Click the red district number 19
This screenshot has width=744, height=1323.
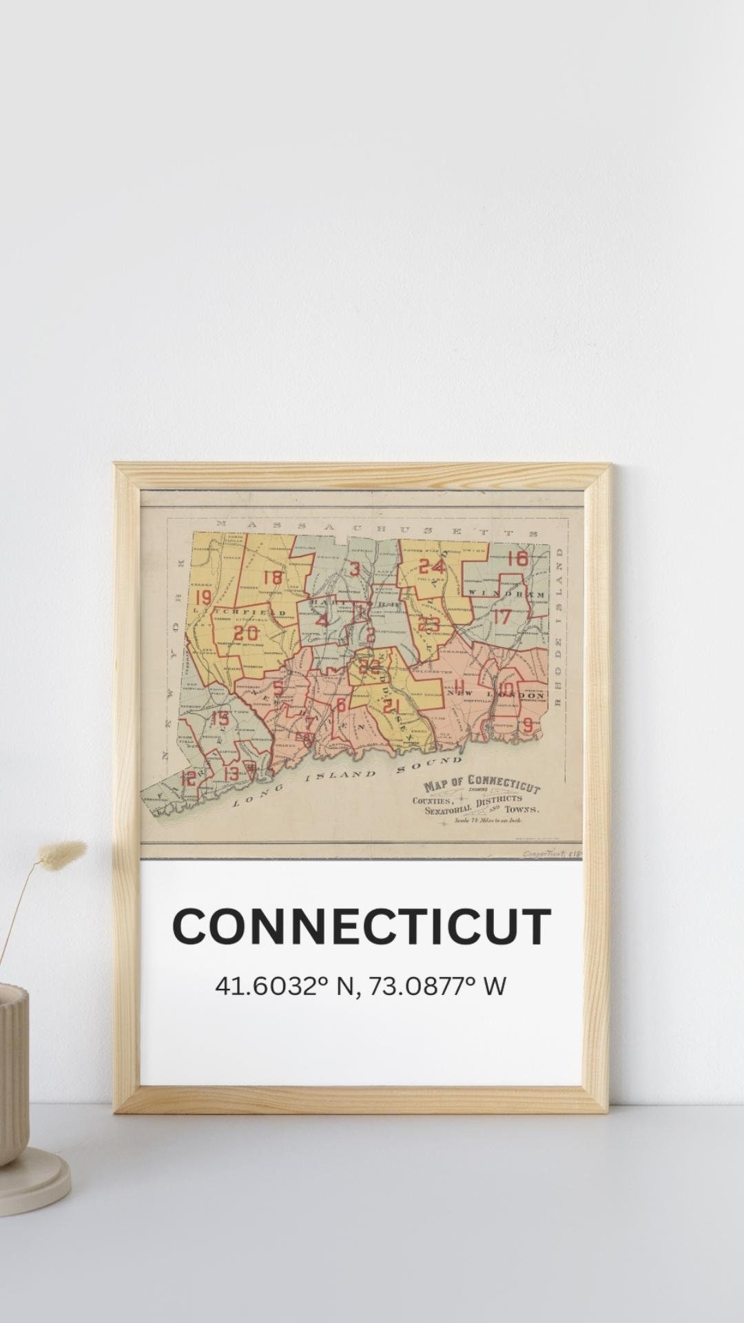203,597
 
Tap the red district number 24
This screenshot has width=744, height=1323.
432,566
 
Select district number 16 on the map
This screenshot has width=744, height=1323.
517,559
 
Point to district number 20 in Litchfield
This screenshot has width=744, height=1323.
246,633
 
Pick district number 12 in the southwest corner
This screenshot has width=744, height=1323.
188,778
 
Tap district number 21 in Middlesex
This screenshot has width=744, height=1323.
391,706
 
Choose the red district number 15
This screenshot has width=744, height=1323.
220,719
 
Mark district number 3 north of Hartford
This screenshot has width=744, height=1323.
354,569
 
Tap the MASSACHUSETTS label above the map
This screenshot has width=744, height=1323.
376,528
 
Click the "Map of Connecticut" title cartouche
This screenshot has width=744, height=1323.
482,788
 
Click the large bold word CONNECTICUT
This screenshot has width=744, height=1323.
362,927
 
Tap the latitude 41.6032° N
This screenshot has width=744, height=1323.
285,986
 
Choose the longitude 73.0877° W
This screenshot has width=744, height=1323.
437,986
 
